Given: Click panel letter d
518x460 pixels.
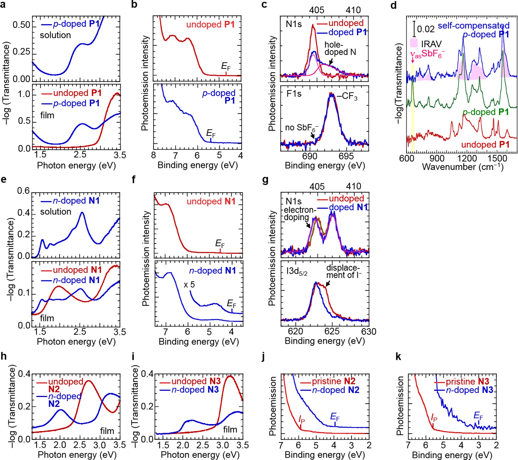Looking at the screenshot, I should pyautogui.click(x=393, y=5).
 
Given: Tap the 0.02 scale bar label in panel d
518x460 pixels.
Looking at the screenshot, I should pyautogui.click(x=425, y=29).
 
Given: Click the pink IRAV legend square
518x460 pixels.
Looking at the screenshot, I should pyautogui.click(x=414, y=43).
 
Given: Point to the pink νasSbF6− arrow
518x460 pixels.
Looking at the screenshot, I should pyautogui.click(x=413, y=60).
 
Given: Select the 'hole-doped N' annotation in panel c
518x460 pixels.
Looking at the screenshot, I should pyautogui.click(x=340, y=48).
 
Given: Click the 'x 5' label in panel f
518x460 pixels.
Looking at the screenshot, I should pyautogui.click(x=189, y=285).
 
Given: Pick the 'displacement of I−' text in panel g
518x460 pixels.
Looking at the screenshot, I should pyautogui.click(x=343, y=271).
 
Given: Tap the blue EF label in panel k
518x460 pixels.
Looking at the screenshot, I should pyautogui.click(x=478, y=416).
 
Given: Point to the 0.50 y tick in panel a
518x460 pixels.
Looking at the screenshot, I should pyautogui.click(x=21, y=25).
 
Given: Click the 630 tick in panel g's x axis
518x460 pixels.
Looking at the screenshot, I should pyautogui.click(x=369, y=332).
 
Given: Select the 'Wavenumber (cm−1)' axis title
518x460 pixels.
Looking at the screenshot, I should pyautogui.click(x=462, y=167).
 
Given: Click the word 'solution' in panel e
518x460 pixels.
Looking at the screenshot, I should pyautogui.click(x=55, y=212).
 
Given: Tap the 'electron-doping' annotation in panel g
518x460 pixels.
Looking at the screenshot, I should pyautogui.click(x=299, y=214).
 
